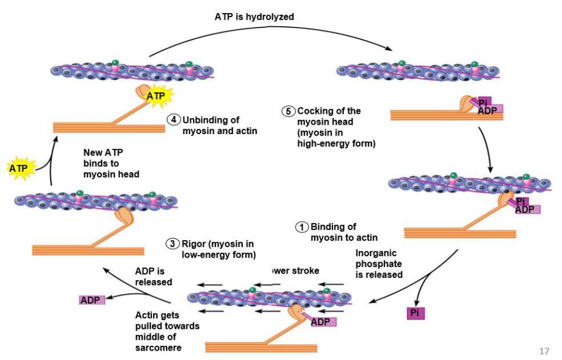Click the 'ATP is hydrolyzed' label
coord(254,17)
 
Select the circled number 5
coord(289,111)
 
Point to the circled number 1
coord(302,227)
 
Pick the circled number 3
coord(173,244)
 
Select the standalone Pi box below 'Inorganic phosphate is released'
coord(415,313)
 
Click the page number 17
coord(543,351)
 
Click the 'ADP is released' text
coord(154,276)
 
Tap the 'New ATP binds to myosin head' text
coord(112,163)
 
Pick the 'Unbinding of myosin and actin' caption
coord(219,125)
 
